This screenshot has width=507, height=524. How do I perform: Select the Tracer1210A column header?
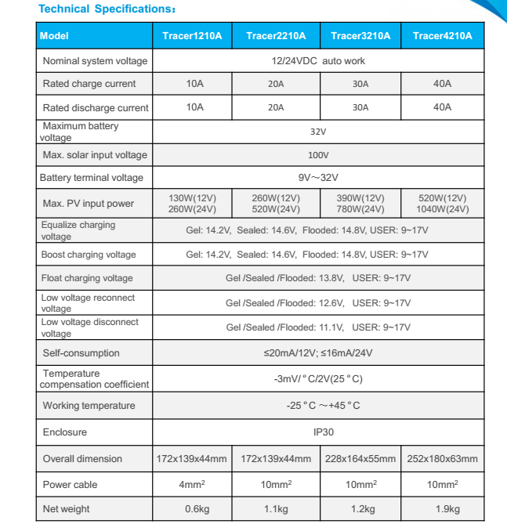pyautogui.click(x=192, y=36)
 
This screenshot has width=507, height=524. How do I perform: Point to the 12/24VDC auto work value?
pyautogui.click(x=317, y=60)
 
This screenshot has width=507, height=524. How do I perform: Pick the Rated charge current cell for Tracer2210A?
pyautogui.click(x=276, y=84)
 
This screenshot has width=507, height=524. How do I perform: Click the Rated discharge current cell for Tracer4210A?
pyautogui.click(x=442, y=107)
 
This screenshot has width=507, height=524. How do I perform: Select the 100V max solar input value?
pyautogui.click(x=317, y=155)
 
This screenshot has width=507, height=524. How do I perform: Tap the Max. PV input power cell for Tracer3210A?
pyautogui.click(x=360, y=204)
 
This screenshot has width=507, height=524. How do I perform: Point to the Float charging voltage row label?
pyautogui.click(x=87, y=278)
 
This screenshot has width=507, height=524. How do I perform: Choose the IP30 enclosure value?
pyautogui.click(x=317, y=432)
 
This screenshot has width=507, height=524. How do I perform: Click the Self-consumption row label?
pyautogui.click(x=81, y=353)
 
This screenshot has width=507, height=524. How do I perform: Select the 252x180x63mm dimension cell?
pyautogui.click(x=442, y=459)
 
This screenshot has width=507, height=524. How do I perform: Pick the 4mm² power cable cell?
pyautogui.click(x=192, y=485)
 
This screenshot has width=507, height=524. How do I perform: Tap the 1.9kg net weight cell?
pyautogui.click(x=442, y=509)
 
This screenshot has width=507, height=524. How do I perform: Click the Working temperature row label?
pyautogui.click(x=89, y=406)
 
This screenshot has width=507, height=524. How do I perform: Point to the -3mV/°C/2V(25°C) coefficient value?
pyautogui.click(x=317, y=379)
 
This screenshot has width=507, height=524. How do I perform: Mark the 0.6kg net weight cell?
pyautogui.click(x=192, y=509)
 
